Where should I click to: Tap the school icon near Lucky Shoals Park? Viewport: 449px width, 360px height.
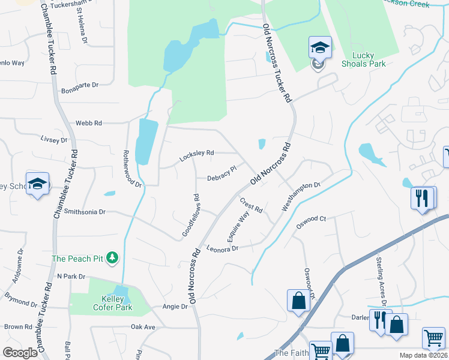tap(320, 48)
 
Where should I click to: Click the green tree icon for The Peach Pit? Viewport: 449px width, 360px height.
tap(112, 259)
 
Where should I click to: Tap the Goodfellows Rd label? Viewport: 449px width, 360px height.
tap(190, 214)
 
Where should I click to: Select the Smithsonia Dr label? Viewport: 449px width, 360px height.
tap(85, 212)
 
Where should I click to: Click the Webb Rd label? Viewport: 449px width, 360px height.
tap(89, 123)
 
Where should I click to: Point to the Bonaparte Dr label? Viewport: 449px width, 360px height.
tap(80, 85)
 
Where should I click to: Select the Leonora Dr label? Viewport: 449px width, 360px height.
tap(223, 248)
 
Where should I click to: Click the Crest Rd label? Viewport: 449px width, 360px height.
tap(252, 206)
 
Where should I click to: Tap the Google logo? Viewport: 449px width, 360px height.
tap(20, 352)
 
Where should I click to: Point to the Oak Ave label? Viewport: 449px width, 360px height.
tap(143, 327)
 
